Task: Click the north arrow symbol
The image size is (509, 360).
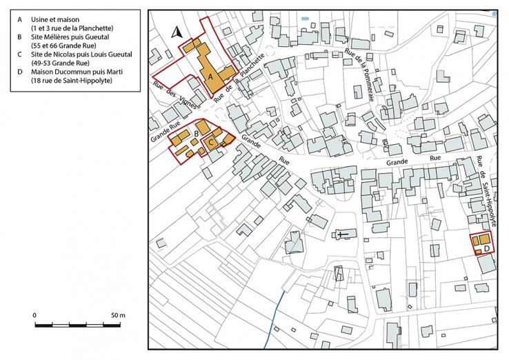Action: pyautogui.click(x=176, y=31)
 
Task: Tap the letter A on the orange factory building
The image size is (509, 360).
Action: pyautogui.click(x=212, y=77)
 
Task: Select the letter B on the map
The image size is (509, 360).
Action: pyautogui.click(x=197, y=132)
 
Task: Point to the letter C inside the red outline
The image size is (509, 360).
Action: pyautogui.click(x=212, y=142)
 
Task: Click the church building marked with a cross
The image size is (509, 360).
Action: pyautogui.click(x=343, y=235)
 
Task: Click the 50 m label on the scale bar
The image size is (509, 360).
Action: pyautogui.click(x=118, y=315)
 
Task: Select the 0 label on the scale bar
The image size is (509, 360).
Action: pyautogui.click(x=34, y=315)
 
